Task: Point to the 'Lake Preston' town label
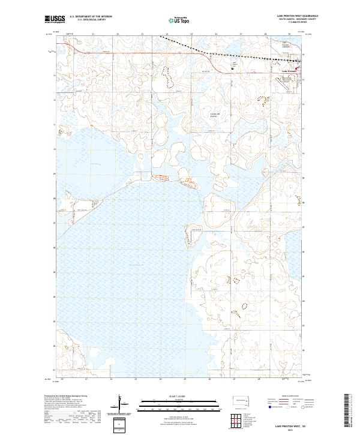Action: pyautogui.click(x=289, y=71)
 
